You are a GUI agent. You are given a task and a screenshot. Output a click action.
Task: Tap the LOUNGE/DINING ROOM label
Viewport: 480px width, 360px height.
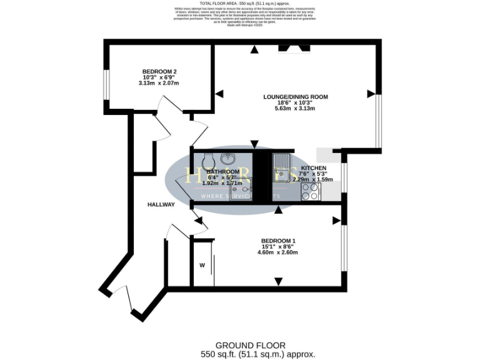click(x=295, y=97)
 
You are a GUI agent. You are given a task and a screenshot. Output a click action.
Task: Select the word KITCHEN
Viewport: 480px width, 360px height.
click(x=314, y=169)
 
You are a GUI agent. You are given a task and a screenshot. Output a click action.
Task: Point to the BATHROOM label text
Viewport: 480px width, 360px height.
click(x=223, y=172)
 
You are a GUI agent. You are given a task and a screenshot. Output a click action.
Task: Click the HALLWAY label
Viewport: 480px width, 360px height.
click(x=161, y=205)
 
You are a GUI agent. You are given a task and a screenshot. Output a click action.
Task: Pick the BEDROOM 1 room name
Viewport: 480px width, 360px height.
click(x=278, y=241)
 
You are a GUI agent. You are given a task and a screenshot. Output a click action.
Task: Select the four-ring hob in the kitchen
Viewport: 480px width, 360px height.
click(x=311, y=194)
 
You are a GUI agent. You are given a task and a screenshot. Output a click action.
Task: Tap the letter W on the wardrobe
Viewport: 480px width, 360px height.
click(x=202, y=265)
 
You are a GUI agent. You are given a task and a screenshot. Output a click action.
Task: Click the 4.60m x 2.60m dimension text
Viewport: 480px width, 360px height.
click(x=278, y=253)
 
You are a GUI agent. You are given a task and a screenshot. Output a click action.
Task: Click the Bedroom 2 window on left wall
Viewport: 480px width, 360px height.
click(x=106, y=83)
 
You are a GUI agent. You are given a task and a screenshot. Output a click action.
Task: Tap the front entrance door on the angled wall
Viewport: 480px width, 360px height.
click(x=121, y=300)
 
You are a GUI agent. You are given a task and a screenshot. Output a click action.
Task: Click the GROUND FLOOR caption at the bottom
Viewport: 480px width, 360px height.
click(x=250, y=345)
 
